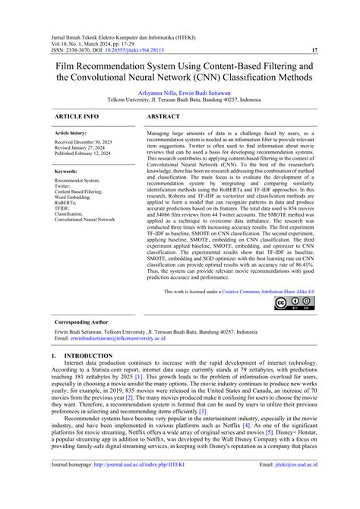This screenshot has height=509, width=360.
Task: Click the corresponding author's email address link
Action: tap(113, 340)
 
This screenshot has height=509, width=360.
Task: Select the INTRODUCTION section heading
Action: tap(83, 355)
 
